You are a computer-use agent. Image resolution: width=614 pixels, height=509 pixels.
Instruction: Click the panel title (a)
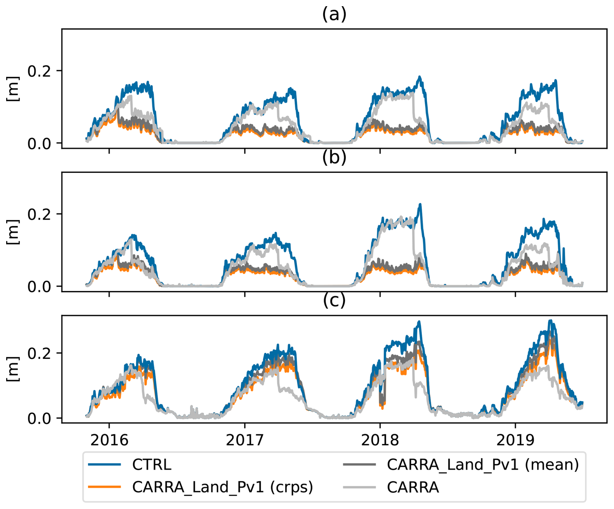tap(334, 15)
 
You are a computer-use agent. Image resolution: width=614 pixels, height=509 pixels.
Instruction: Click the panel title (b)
tap(334, 158)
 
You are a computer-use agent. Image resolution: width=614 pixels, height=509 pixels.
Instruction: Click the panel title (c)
tap(334, 301)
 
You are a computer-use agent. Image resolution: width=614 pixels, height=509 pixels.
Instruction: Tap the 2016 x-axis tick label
tap(109, 440)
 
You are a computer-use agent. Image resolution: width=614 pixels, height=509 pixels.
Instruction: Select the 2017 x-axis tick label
tap(245, 440)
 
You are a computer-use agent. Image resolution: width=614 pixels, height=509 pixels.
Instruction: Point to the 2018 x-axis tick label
tap(380, 440)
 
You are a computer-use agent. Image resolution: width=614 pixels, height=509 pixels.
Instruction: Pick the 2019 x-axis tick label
tap(515, 440)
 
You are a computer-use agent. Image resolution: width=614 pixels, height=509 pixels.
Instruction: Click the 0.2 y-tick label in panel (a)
tap(39, 71)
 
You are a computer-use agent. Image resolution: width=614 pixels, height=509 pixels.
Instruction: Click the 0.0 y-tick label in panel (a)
tap(39, 143)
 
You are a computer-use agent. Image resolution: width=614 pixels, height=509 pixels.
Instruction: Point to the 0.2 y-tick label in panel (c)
tap(39, 353)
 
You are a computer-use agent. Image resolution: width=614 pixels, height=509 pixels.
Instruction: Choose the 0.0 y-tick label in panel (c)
tap(39, 418)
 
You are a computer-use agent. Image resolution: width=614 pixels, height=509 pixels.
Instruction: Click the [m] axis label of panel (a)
tap(13, 89)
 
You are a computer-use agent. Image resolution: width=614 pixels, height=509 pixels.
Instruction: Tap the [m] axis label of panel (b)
tap(13, 232)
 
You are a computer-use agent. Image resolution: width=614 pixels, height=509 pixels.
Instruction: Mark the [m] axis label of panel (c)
tap(13, 369)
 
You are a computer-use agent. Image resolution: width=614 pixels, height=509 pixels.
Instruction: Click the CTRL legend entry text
tap(152, 465)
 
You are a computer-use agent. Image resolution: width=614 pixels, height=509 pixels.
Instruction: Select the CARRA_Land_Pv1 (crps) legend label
tap(222, 487)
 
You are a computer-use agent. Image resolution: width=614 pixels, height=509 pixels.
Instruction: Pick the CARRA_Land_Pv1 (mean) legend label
tap(483, 465)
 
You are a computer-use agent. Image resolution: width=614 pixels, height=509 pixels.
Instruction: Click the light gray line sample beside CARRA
tap(359, 487)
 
